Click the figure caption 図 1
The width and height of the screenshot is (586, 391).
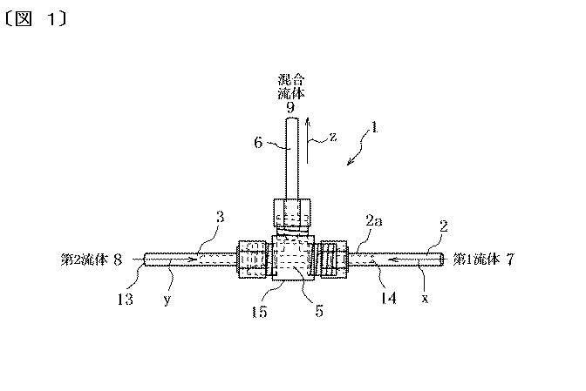(x=37, y=18)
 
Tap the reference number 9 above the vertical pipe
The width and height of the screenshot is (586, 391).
(x=290, y=107)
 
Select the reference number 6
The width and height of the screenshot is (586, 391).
(x=258, y=143)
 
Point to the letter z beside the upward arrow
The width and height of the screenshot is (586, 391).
(x=333, y=137)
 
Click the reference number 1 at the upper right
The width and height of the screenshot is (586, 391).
(x=374, y=128)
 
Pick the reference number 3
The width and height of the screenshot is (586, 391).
(x=221, y=217)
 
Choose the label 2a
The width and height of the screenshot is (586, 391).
(x=374, y=221)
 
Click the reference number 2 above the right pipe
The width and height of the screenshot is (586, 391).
(x=444, y=226)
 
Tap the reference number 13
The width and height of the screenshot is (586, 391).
(x=125, y=299)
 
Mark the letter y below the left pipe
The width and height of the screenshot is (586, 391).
(x=167, y=300)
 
